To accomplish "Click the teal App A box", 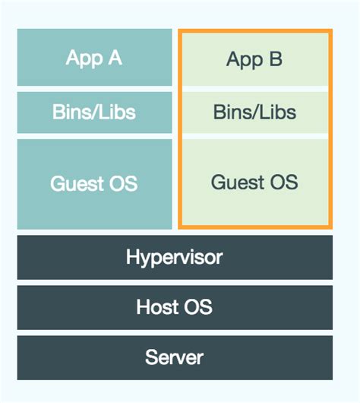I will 94,58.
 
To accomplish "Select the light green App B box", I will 254,59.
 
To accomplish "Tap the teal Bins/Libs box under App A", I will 94,113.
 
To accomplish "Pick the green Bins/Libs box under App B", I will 254,113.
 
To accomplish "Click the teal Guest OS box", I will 94,183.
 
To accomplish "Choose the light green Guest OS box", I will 254,182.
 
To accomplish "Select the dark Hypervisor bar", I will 174,257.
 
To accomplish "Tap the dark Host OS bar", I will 174,307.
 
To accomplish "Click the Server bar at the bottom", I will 174,357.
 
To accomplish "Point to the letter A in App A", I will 115,58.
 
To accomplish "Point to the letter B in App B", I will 276,59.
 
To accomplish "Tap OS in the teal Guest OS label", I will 122,183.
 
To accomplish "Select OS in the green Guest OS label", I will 283,182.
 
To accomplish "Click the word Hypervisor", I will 174,257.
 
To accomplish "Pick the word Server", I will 174,357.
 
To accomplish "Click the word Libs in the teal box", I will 118,113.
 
